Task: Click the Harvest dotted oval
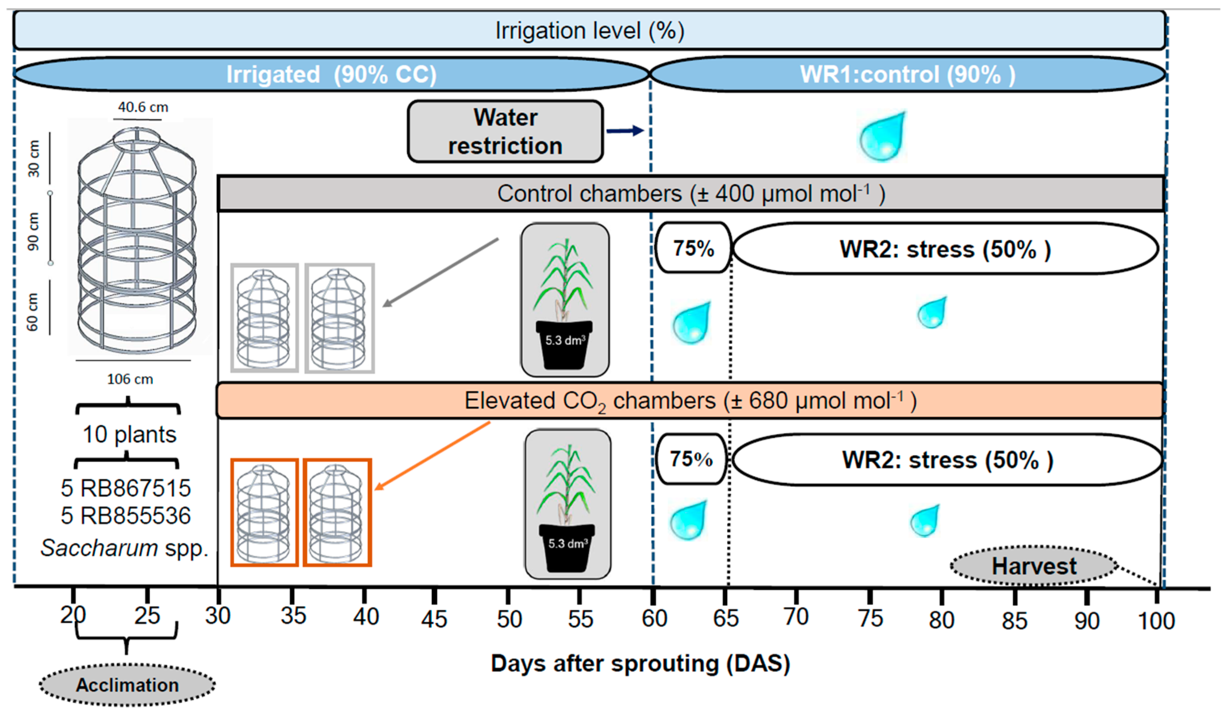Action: point(1034,566)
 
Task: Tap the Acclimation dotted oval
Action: point(127,685)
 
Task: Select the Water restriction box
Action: point(505,132)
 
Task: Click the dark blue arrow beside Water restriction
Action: point(625,130)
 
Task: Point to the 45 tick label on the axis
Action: point(434,619)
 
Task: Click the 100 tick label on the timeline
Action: point(1156,621)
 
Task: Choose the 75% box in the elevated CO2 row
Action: point(691,459)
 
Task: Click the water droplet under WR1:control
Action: point(882,137)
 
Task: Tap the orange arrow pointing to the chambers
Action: point(433,456)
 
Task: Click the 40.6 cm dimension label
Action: point(143,107)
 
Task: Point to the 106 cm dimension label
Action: point(130,379)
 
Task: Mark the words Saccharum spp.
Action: point(124,548)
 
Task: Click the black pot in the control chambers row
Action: point(564,344)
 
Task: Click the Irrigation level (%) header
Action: point(590,31)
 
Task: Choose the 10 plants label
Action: point(129,434)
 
